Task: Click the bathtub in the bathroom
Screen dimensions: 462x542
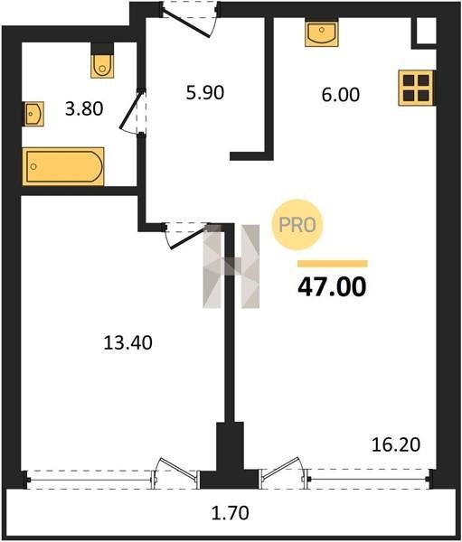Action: (x=63, y=166)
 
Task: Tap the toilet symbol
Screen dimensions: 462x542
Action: (x=102, y=61)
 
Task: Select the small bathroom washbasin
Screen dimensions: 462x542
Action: (x=33, y=114)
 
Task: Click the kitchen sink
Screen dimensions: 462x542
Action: (x=322, y=33)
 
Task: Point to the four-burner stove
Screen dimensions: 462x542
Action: (x=417, y=88)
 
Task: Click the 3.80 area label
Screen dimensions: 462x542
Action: (x=84, y=109)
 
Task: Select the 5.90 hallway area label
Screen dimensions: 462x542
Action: (x=205, y=93)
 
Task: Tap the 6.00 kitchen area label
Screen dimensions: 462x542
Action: (x=341, y=95)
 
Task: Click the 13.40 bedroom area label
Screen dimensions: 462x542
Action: (x=128, y=343)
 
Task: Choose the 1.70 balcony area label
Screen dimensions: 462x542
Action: (x=231, y=513)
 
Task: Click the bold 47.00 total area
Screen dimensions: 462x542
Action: (x=332, y=287)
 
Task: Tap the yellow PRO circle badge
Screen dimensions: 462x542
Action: (x=297, y=225)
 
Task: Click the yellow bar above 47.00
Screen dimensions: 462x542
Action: (x=333, y=264)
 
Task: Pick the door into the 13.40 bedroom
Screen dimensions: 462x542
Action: (x=187, y=235)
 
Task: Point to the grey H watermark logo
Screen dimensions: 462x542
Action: (x=231, y=266)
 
